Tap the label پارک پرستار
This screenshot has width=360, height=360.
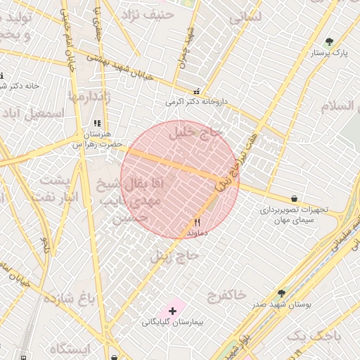[x=330, y=53]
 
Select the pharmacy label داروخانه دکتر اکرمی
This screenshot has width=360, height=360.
[x=197, y=102]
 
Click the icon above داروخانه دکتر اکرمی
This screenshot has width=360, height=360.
[x=197, y=91]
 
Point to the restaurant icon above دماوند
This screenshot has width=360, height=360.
[x=197, y=222]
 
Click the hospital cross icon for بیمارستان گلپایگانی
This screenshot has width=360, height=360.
[x=172, y=310]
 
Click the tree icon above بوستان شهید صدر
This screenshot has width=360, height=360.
[x=282, y=294]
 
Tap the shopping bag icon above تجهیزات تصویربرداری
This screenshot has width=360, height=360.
[x=293, y=199]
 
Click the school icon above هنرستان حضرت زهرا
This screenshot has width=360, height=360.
[x=97, y=123]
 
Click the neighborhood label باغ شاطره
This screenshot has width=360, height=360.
[x=70, y=300]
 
